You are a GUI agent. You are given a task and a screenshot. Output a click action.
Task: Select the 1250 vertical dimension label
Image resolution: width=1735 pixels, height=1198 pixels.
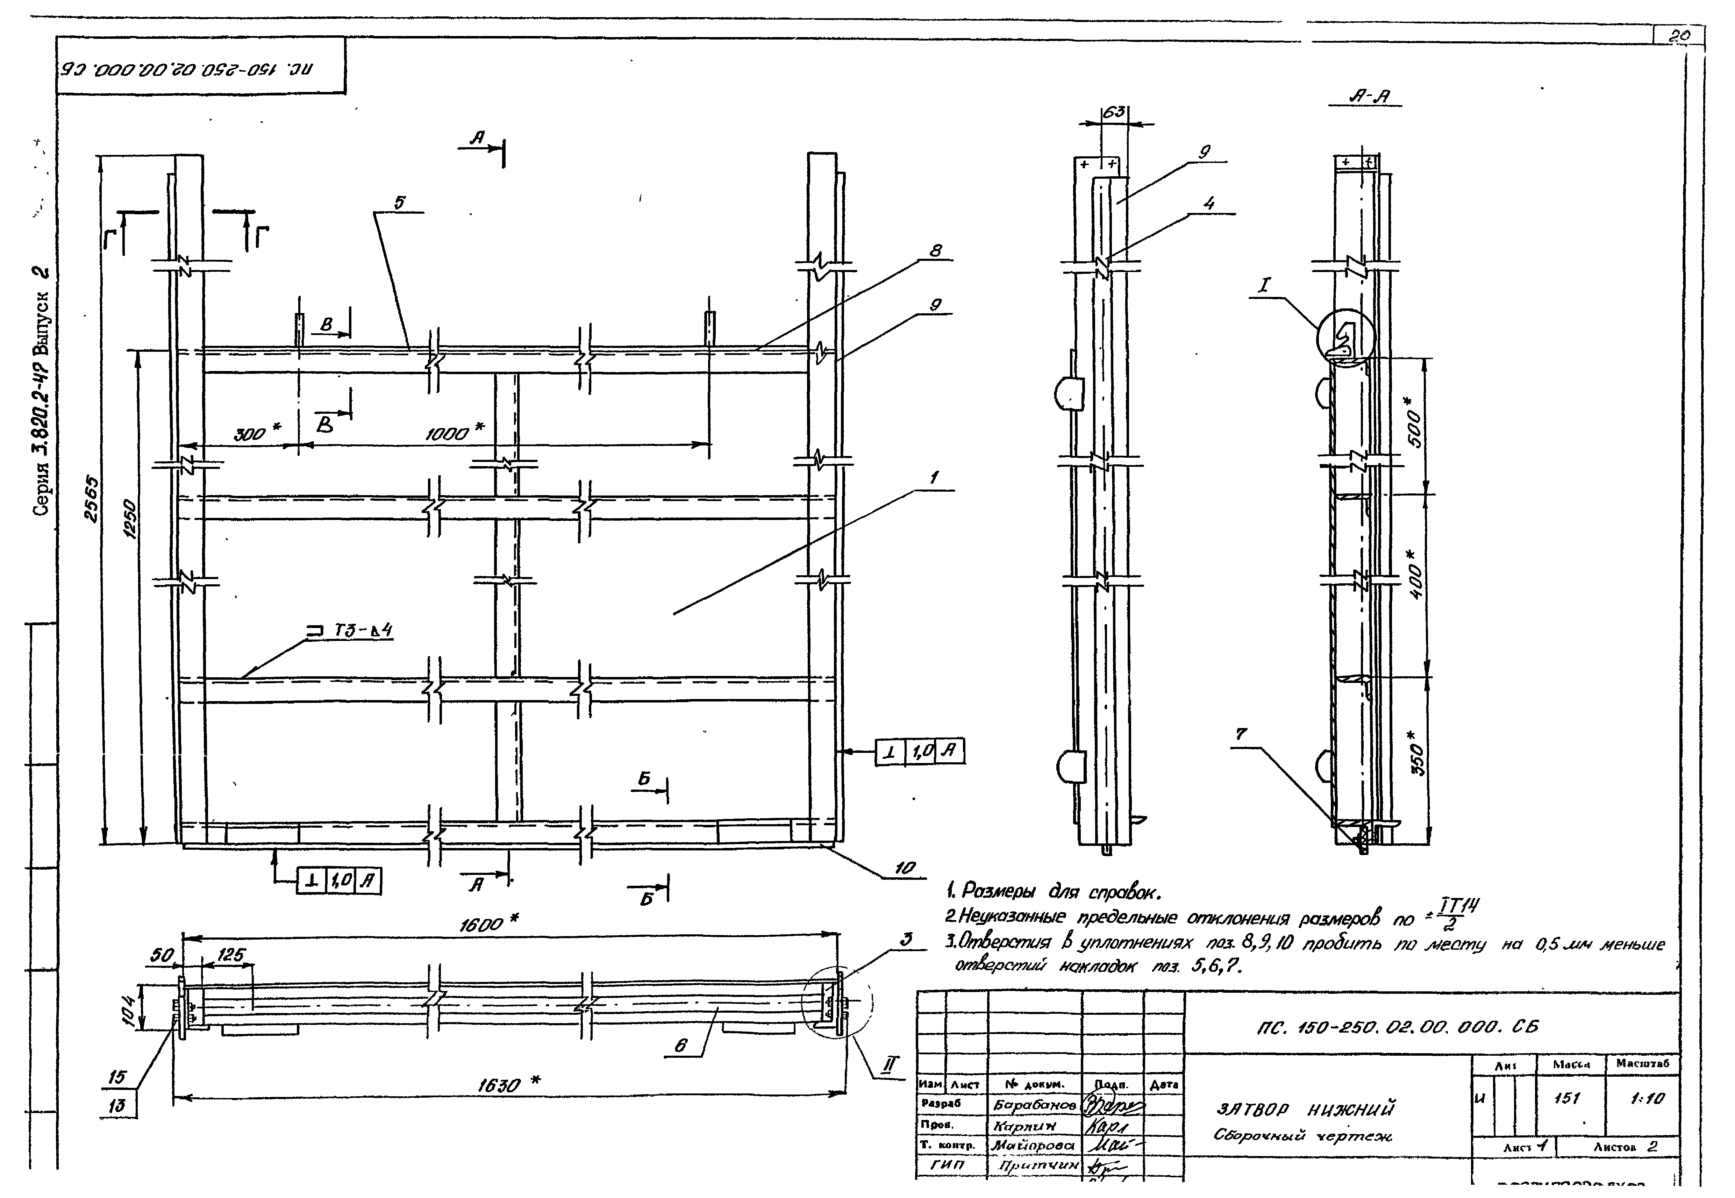(x=130, y=518)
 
